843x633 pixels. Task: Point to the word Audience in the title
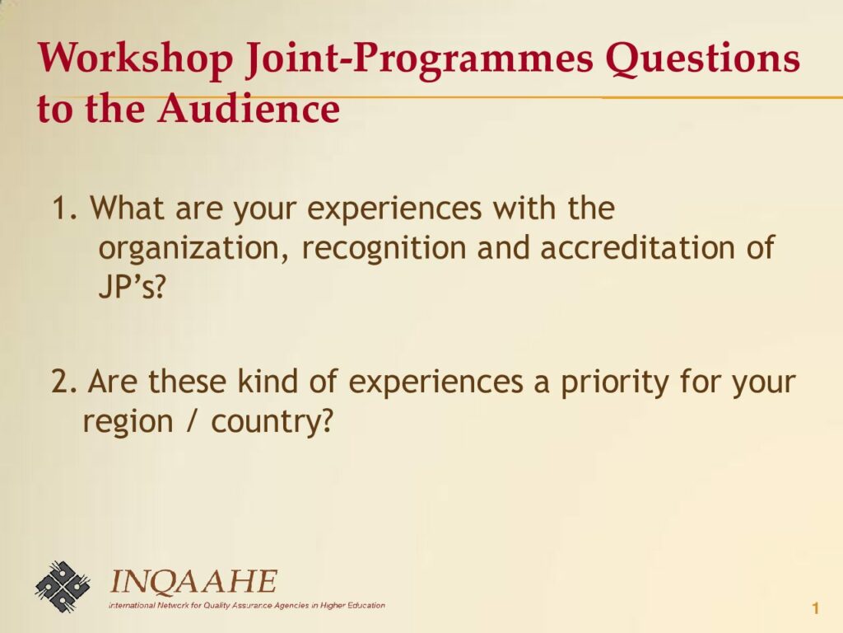coord(249,108)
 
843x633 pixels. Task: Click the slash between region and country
coord(192,421)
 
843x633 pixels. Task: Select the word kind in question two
coord(268,380)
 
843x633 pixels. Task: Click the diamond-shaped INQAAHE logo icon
coord(63,587)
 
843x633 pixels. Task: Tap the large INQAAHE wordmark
coord(193,583)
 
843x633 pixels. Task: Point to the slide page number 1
coord(816,609)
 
